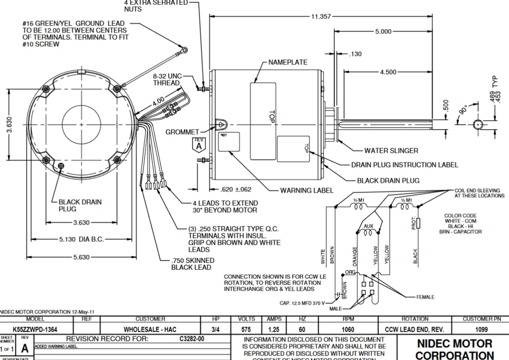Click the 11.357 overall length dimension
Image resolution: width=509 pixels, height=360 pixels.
point(321,16)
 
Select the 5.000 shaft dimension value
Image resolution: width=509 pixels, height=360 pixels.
point(383,31)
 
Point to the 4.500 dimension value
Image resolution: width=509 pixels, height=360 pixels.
point(388,72)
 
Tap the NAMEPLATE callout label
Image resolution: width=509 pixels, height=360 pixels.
point(288,62)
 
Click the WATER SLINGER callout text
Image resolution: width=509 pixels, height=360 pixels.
point(391,151)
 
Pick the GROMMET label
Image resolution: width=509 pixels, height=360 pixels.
point(182,132)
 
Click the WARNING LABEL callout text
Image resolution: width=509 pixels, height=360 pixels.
point(307,191)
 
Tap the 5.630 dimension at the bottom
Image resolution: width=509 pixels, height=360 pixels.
point(81,257)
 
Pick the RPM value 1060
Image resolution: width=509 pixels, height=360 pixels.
point(348,330)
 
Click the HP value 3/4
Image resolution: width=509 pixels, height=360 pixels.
point(216,330)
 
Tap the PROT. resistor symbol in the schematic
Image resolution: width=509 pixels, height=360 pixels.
point(419,224)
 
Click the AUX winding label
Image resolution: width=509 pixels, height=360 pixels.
point(369,226)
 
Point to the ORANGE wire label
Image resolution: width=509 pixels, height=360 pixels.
point(355,256)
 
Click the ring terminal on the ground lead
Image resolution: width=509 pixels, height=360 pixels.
point(184,50)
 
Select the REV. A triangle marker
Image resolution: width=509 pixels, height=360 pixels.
point(198,144)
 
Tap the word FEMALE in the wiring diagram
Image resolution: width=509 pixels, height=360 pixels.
point(425,297)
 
